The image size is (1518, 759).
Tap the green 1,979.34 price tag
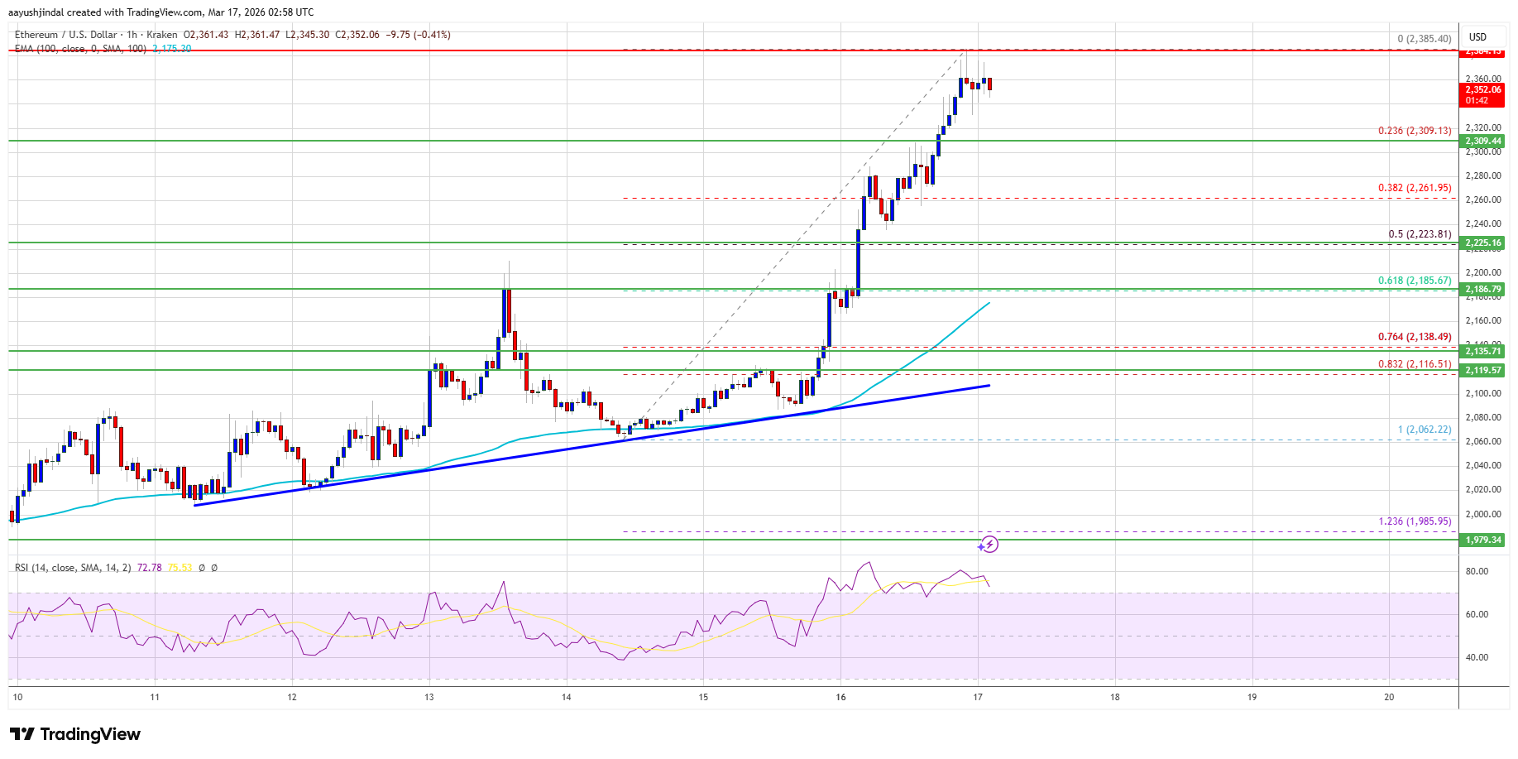[x=1483, y=540]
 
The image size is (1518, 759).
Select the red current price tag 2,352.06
[x=1483, y=90]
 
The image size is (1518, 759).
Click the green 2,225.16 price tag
[x=1483, y=243]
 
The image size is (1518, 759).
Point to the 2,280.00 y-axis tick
[x=1482, y=175]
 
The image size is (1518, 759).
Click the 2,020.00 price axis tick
[x=1482, y=489]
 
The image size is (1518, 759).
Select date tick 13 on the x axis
[x=429, y=697]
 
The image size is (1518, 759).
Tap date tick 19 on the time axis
[x=1252, y=697]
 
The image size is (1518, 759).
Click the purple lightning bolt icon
[x=989, y=545]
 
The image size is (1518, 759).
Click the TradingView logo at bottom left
[x=75, y=734]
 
